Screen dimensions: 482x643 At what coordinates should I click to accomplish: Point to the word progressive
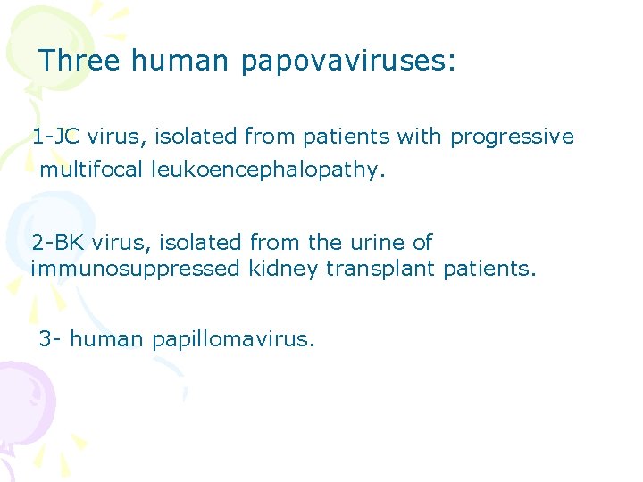[x=512, y=137]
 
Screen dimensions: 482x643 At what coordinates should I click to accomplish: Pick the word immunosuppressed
[x=135, y=269]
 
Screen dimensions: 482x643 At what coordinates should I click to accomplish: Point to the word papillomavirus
[x=233, y=340]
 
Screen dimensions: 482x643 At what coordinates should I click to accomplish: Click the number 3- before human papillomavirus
[x=50, y=339]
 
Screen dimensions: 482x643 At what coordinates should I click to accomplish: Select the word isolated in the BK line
[x=188, y=242]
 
